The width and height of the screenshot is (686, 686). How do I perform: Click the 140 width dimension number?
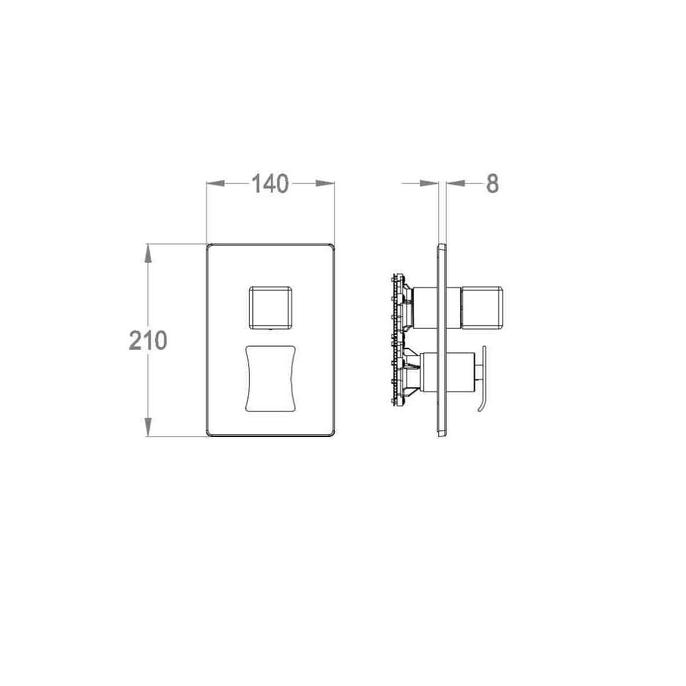270,184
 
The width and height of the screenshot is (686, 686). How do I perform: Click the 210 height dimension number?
148,340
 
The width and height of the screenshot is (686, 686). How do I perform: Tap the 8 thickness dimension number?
492,184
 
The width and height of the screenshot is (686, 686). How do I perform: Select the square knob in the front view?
270,307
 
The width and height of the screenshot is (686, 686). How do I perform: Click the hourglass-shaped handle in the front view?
270,379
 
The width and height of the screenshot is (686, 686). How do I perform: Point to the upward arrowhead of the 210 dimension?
148,253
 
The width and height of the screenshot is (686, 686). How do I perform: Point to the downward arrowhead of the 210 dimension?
148,427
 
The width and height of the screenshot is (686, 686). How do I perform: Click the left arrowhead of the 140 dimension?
215,183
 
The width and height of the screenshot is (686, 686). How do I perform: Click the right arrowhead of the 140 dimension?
325,183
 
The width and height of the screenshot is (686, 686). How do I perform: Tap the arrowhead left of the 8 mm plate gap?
429,183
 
